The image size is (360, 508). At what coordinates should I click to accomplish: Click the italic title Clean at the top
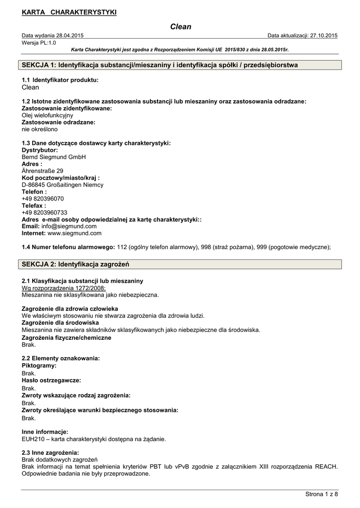pos(180,27)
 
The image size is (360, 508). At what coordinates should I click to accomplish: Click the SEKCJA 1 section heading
pos(160,65)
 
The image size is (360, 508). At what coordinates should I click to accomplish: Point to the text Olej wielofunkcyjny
pos(48,115)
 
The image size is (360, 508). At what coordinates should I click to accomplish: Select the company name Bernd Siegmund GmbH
pos(54,157)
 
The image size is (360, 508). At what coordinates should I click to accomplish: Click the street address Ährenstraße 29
pos(43,171)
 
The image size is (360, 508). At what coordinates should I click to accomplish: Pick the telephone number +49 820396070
pos(43,198)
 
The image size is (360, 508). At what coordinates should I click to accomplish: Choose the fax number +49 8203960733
pos(45,212)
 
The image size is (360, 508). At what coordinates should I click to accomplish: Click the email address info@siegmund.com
pos(69,226)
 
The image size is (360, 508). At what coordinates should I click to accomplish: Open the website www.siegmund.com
pos(74,233)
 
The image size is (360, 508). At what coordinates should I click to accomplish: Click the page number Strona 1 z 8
pos(321,494)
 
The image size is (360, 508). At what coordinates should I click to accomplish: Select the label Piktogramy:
pos(39,366)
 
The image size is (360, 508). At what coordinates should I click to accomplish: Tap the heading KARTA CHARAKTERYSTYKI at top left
pos(69,12)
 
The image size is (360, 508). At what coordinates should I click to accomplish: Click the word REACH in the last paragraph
pos(326,467)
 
